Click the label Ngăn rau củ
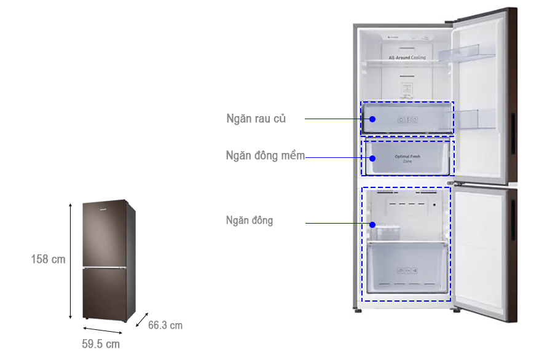pos(256,119)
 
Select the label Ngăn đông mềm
pos(265,155)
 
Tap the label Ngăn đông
pos(249,221)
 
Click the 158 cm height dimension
pos(48,259)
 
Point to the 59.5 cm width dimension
pos(101,343)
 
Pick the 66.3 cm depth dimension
pos(165,325)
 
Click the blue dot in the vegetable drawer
pos(372,119)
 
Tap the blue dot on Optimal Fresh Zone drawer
pos(372,158)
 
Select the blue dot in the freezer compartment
pos(372,225)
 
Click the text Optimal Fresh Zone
pos(407,158)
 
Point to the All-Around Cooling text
pos(407,58)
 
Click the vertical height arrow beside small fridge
pos(70,260)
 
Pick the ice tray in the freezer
pos(386,232)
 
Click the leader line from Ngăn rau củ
pos(332,119)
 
